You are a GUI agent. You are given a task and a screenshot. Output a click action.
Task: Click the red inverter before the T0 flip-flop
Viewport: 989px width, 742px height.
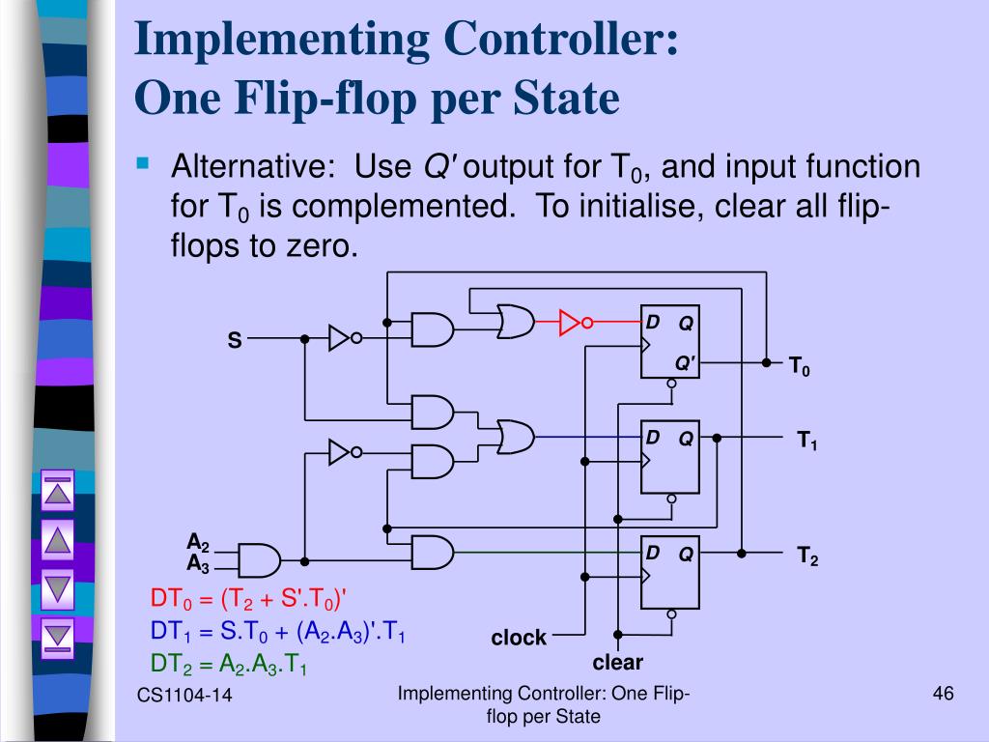(x=573, y=323)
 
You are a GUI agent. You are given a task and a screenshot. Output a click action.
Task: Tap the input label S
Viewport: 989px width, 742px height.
(x=234, y=340)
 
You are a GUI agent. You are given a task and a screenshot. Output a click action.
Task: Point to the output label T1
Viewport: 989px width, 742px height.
(x=806, y=442)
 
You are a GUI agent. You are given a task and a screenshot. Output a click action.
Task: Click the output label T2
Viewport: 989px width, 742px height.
(x=806, y=556)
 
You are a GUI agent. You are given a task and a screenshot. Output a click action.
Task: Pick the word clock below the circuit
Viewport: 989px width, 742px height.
(x=519, y=638)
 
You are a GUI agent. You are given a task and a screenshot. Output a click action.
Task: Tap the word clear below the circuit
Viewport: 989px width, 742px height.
(x=617, y=663)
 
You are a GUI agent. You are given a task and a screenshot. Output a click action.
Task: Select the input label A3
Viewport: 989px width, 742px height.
(x=198, y=563)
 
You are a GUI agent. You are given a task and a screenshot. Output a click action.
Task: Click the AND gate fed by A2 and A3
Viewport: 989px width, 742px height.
(x=258, y=559)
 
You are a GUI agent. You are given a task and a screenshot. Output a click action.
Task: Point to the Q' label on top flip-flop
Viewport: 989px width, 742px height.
(x=685, y=362)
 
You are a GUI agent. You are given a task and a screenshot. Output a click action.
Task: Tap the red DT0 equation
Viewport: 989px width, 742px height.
(x=247, y=599)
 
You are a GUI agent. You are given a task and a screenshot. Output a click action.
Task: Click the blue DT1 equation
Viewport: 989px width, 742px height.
(x=277, y=631)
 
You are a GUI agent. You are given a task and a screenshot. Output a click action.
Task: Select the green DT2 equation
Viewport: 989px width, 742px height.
(x=229, y=664)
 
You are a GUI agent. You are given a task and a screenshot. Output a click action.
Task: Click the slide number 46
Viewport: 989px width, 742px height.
(x=944, y=694)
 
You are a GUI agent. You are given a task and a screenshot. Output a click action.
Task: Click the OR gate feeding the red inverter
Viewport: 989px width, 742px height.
(x=516, y=323)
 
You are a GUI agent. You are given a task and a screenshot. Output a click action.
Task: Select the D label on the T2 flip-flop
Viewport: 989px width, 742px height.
(x=653, y=553)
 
